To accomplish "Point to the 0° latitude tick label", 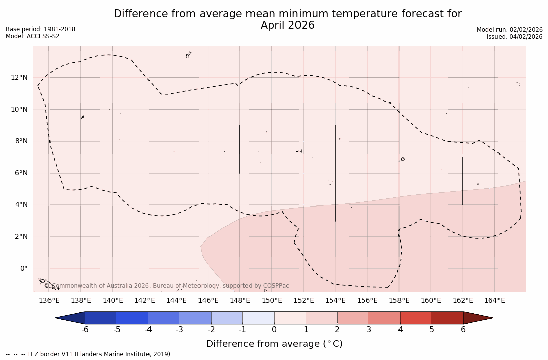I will pos(23,269).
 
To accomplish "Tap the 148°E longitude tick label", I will pos(240,301).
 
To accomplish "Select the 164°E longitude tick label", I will pos(494,301).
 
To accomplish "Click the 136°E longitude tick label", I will pos(49,301).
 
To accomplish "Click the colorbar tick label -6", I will pos(85,330).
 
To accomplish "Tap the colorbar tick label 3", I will pos(369,330).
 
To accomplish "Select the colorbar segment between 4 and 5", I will pos(416,318).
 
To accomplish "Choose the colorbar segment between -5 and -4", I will pos(132,318).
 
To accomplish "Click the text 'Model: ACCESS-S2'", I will pos(32,36).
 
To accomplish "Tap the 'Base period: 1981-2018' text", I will pos(40,29).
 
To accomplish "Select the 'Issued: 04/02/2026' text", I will pos(515,37).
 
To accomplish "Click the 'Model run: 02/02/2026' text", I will pos(510,30).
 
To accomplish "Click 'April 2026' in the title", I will pos(287,25).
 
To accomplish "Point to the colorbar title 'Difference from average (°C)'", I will pos(274,344).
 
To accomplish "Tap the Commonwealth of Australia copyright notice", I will pos(167,286).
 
